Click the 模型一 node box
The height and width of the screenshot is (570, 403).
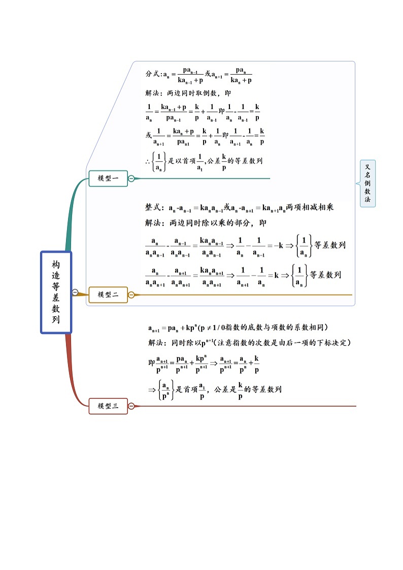click(x=108, y=178)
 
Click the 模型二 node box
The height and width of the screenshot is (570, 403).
click(x=108, y=294)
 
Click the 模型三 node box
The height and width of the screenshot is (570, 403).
click(x=108, y=406)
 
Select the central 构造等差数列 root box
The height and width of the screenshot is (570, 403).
click(x=56, y=292)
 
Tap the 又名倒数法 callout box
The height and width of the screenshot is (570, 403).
click(x=367, y=183)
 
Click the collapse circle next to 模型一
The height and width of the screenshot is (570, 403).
click(x=131, y=178)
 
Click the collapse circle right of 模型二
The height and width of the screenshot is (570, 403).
click(x=131, y=294)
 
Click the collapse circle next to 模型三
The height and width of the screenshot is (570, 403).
click(x=131, y=406)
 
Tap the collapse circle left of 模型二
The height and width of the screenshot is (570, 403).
click(x=75, y=292)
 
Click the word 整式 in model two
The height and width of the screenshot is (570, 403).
click(x=153, y=208)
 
